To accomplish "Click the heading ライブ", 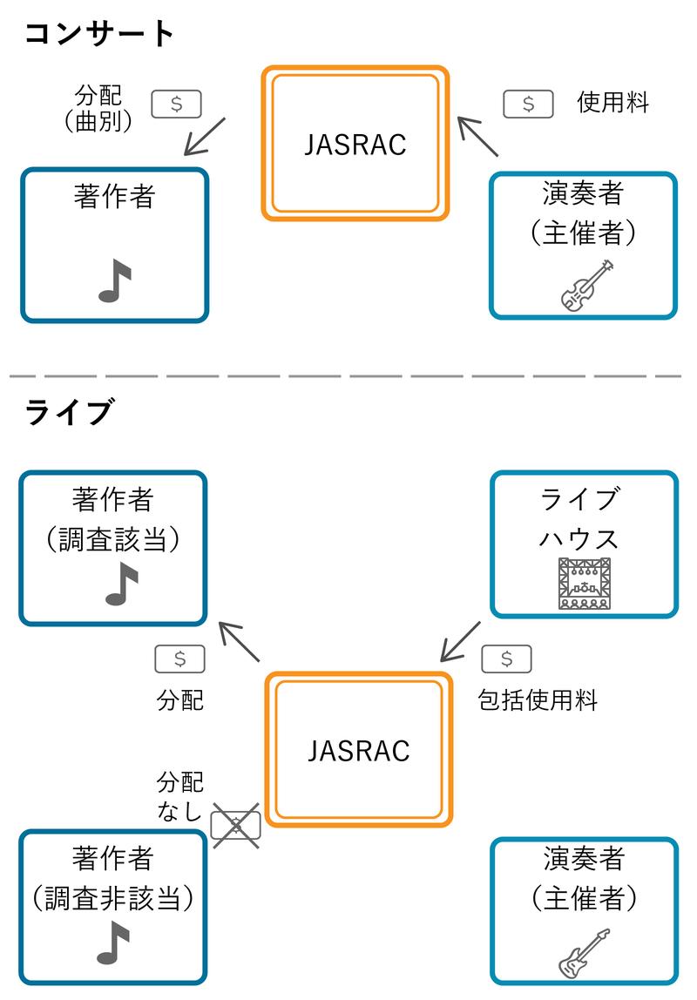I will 69,411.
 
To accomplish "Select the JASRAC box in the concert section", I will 355,144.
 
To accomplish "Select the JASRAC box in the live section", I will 358,750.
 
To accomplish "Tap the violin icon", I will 586,286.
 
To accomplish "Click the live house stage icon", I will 584,582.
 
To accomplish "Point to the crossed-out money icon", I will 236,823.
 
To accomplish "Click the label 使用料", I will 612,103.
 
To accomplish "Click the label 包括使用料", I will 538,700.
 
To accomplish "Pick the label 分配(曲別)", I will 98,108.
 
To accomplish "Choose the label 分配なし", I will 180,795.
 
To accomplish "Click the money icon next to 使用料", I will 528,104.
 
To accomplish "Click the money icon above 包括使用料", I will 506,659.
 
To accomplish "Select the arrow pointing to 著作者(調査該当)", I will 239,642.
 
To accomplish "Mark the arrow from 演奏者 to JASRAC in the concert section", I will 478,136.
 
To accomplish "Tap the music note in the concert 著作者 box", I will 114,281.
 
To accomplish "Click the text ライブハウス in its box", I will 579,517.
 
